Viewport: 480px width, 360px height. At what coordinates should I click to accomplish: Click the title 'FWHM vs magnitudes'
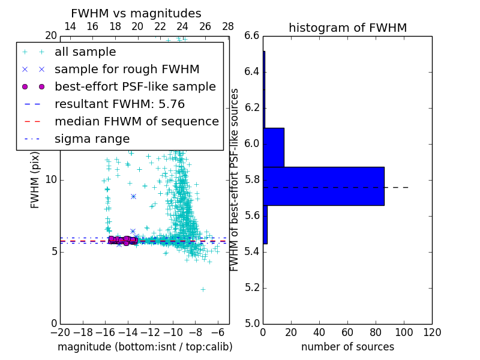click(136, 14)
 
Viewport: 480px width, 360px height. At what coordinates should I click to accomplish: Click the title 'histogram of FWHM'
click(347, 28)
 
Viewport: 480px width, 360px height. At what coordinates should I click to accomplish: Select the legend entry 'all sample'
click(85, 52)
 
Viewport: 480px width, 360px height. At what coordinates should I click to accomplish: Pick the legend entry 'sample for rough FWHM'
click(127, 69)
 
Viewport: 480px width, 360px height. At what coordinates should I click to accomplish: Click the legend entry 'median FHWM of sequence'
click(136, 121)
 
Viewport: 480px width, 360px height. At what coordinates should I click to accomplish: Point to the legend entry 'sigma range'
click(92, 139)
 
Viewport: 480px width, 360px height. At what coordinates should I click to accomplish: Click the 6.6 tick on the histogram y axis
click(252, 36)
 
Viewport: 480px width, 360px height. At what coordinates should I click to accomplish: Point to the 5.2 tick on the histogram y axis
click(252, 287)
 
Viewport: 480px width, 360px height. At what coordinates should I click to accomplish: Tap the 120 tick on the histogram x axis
click(432, 332)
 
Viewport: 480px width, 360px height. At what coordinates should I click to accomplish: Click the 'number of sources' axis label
click(347, 347)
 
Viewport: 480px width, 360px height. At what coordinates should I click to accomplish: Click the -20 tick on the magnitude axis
click(60, 332)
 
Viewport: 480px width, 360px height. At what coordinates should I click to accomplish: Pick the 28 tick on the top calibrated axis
click(228, 27)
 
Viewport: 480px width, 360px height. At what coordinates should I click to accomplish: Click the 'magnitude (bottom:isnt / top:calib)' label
click(145, 347)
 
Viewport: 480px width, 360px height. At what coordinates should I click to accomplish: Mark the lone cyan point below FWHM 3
click(203, 289)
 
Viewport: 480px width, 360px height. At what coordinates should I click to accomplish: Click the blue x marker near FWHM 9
click(133, 196)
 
